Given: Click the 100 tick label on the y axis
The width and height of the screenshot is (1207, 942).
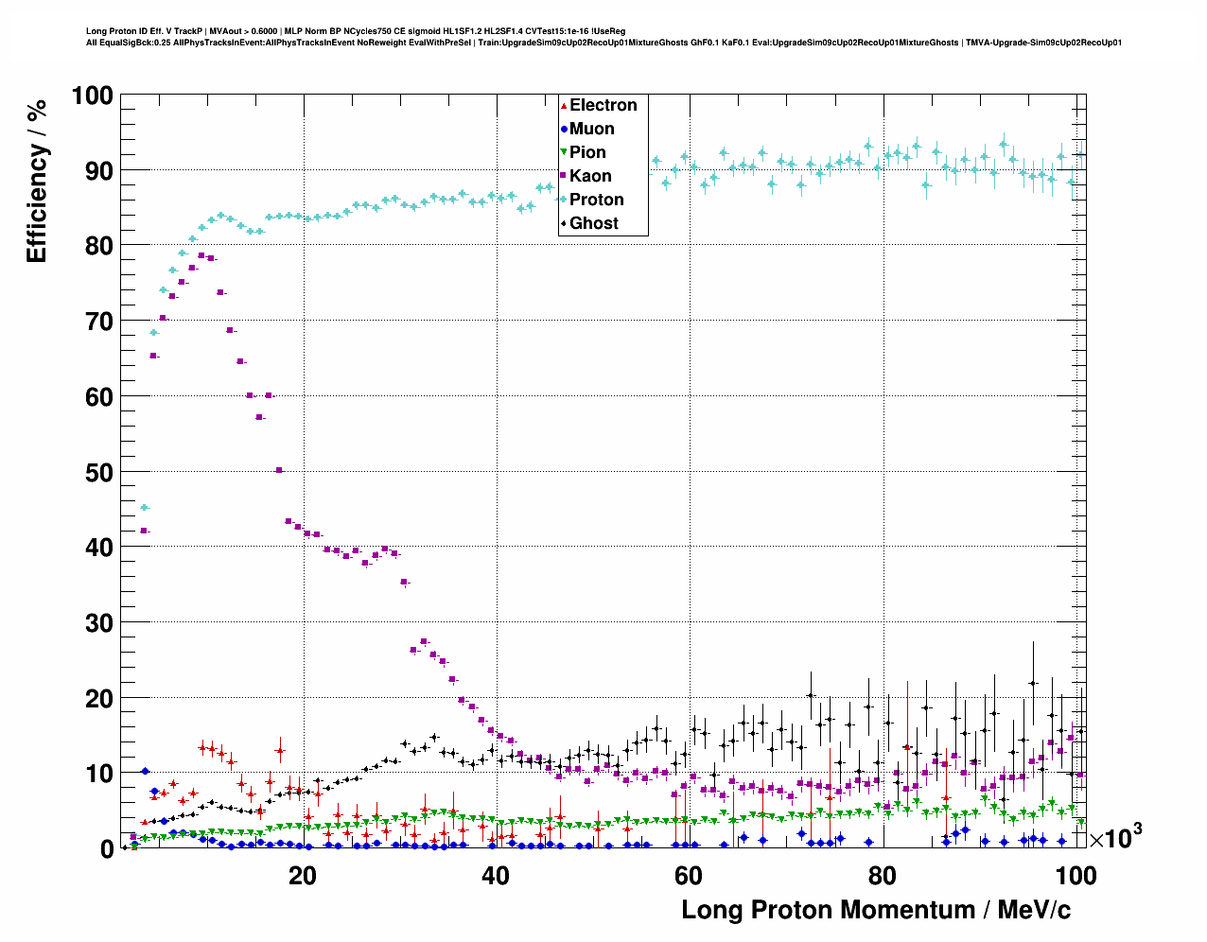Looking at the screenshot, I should coord(92,96).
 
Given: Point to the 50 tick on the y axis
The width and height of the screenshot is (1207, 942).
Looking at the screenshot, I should coord(98,472).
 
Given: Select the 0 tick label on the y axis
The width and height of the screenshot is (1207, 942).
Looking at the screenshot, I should coord(106,849).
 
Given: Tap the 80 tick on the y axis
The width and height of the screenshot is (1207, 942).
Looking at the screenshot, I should coord(98,246).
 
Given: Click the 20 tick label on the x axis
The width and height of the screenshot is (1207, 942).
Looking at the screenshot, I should coord(303,876).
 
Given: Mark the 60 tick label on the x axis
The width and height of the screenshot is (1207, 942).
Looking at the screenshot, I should coord(689,876).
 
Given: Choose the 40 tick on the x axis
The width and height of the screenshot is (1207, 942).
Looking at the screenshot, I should coord(496,876).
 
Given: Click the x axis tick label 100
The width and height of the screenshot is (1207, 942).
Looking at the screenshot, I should coord(1076,876).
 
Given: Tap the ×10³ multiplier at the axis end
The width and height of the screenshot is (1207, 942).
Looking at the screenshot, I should coord(1115,837).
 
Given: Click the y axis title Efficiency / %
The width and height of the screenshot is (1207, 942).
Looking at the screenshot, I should coord(37,181).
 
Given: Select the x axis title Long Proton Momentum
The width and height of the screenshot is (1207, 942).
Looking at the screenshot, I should coord(876,910).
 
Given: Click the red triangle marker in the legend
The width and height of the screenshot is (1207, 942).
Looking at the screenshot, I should coord(564,106).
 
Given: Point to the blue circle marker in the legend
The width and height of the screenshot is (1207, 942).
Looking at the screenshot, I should coord(564,130).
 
